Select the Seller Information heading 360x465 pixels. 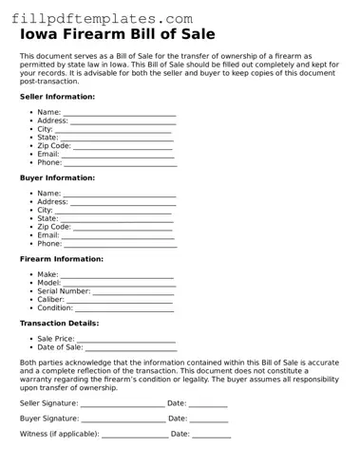(x=57, y=97)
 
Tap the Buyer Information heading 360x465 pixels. (x=57, y=177)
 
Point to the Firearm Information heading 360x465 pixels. (x=62, y=259)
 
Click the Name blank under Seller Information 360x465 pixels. (x=120, y=113)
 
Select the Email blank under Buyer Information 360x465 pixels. (x=117, y=235)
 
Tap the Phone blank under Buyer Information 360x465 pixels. (x=120, y=244)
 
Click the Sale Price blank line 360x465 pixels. (x=126, y=339)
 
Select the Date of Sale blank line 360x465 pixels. (x=131, y=347)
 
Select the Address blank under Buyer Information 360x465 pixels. (x=123, y=202)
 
